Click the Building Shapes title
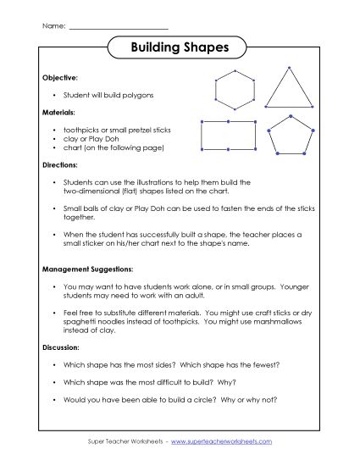[180, 48]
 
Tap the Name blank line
[118, 28]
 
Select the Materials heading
[59, 111]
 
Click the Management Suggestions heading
[86, 270]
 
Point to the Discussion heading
[61, 348]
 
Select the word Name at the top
[53, 27]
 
